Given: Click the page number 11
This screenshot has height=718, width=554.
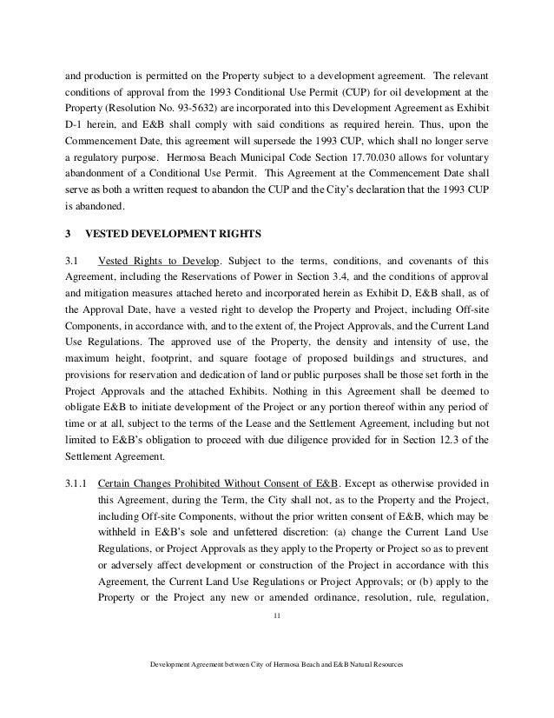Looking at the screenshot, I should (276, 616).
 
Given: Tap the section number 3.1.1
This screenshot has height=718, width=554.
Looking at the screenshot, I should (79, 482).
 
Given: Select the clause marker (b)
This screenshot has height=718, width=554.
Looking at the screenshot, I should (435, 579).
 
